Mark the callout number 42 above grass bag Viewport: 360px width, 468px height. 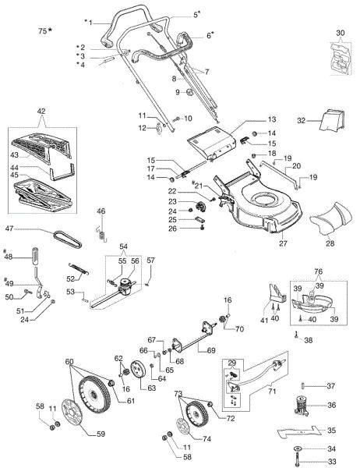click(x=41, y=112)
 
